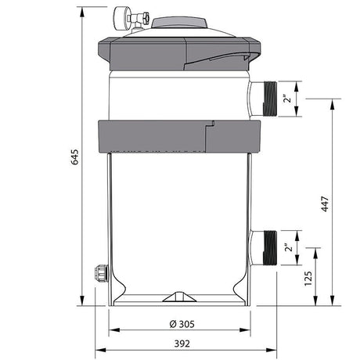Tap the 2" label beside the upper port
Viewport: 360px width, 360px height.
(x=289, y=99)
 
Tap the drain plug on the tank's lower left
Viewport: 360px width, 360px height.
(x=99, y=274)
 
